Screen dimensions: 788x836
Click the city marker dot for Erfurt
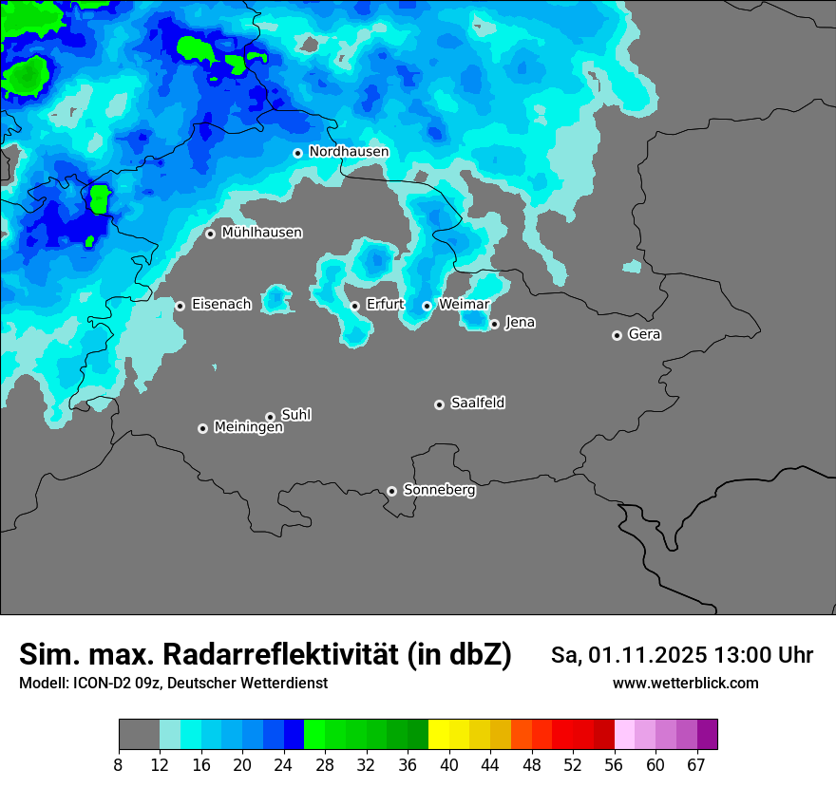(354, 306)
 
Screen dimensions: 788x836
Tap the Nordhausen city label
(349, 152)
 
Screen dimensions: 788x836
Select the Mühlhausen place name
(261, 233)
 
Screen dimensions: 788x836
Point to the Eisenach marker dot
(180, 306)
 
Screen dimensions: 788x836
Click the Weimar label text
(464, 305)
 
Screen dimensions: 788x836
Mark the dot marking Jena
(494, 324)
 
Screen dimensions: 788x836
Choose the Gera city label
(644, 334)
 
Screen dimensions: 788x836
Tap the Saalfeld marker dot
(439, 404)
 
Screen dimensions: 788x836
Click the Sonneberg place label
(439, 490)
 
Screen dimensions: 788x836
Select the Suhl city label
(295, 415)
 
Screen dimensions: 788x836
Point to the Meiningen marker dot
(202, 428)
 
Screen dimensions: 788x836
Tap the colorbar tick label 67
(696, 765)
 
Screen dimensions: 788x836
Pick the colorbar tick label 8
(119, 765)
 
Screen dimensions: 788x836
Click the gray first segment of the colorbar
(139, 735)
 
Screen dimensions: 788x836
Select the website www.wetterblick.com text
(685, 684)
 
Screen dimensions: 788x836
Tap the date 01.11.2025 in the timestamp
(648, 655)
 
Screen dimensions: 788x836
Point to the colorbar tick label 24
(283, 765)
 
